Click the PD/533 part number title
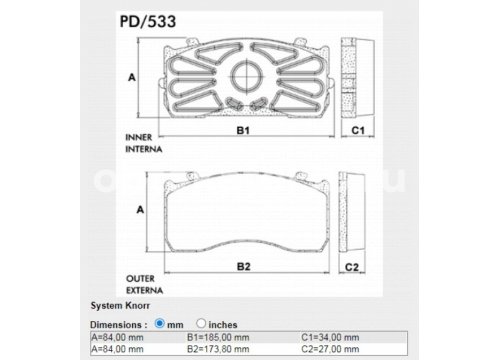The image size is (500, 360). click(x=148, y=22)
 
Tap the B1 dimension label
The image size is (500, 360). click(x=243, y=131)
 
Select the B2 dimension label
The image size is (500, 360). click(x=243, y=267)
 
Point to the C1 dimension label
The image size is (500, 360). click(x=358, y=130)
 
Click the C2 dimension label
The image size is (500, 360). click(x=352, y=267)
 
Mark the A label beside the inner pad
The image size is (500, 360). click(x=132, y=77)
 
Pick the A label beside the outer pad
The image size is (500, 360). click(x=140, y=210)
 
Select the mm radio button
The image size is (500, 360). click(x=160, y=323)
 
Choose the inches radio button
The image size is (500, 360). click(x=201, y=323)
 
